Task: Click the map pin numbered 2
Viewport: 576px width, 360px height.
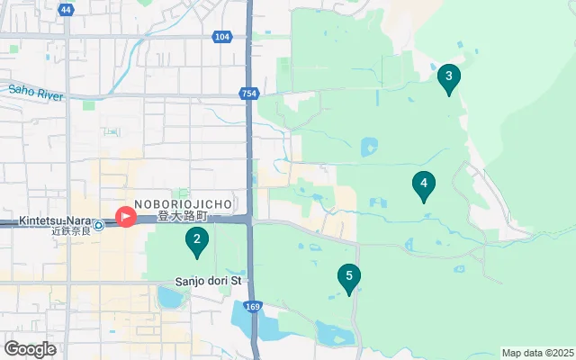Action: [x=196, y=239]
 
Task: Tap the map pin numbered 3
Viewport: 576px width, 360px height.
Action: [x=448, y=76]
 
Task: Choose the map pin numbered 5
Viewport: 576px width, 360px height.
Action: [x=349, y=277]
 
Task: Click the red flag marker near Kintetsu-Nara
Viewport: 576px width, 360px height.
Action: [x=125, y=217]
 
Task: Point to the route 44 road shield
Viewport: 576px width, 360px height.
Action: [x=65, y=9]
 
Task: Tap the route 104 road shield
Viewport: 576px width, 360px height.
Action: [x=222, y=36]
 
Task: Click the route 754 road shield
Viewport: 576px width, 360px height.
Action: [x=248, y=94]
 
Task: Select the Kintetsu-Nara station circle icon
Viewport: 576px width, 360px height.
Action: [x=98, y=225]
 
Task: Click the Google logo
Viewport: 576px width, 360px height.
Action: [x=30, y=349]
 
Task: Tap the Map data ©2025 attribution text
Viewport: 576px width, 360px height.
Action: [x=537, y=353]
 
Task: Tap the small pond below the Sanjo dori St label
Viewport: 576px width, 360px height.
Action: [x=168, y=296]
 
